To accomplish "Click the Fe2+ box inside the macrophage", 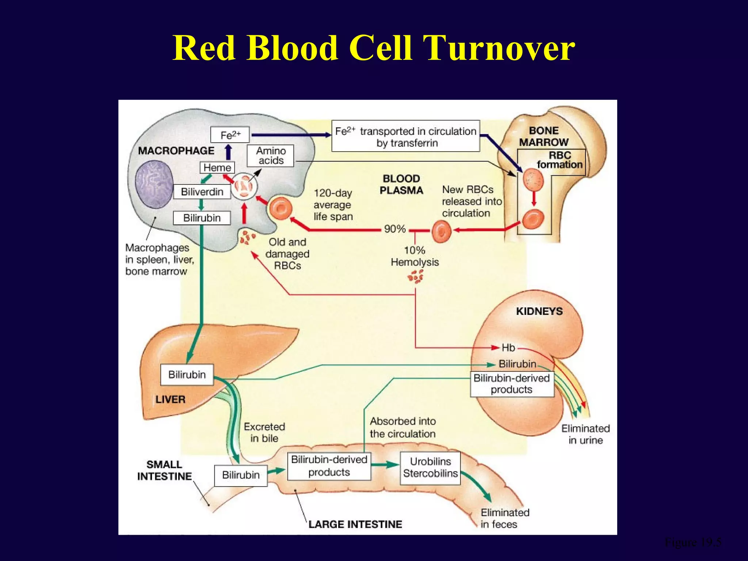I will pos(230,135).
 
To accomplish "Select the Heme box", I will pos(217,168).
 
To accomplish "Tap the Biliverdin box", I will pos(202,191).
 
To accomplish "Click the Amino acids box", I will pos(270,156).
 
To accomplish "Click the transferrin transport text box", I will pos(405,136).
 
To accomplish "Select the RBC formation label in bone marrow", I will pos(560,160).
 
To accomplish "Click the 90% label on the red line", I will pos(395,229).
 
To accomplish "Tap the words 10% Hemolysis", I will pos(415,256).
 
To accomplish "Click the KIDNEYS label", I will pos(539,311).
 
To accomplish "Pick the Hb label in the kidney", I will pos(508,348).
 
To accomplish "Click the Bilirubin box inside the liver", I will pos(187,375).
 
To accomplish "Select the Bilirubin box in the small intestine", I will pos(241,475).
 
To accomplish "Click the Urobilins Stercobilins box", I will pos(430,468).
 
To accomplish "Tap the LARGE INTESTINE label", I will pos(355,524).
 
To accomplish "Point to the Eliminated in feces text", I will pos(504,518).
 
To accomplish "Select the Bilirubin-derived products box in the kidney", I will pos(512,384).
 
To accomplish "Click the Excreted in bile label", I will pos(264,432).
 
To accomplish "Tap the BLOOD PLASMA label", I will pos(401,184).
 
